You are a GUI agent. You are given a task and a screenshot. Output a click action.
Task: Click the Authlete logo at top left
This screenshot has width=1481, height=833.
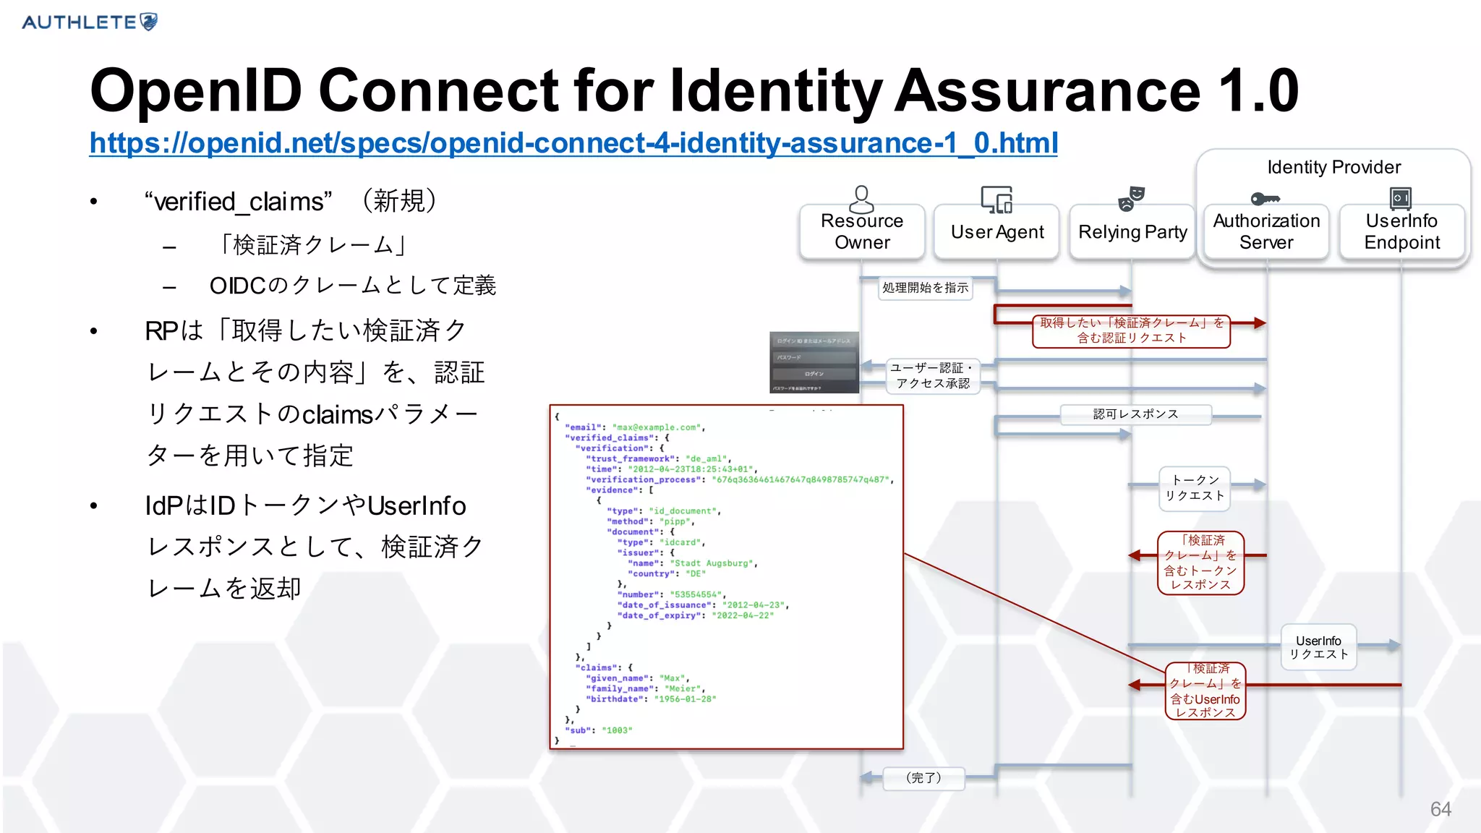tap(90, 22)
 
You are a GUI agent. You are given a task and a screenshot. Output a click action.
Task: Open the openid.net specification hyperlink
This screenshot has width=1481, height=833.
tap(573, 143)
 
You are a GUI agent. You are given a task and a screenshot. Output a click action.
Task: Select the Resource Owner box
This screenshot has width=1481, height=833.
tap(862, 231)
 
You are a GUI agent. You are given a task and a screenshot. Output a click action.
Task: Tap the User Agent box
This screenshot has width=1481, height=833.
tap(997, 232)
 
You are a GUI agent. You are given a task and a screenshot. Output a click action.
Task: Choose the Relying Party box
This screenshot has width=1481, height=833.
tap(1132, 232)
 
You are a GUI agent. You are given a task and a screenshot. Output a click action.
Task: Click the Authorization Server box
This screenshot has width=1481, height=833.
tap(1266, 231)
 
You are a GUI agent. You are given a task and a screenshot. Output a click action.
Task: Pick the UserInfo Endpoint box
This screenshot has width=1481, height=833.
tap(1401, 231)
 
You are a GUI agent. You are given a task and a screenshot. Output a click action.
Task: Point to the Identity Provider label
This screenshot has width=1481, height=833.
tap(1333, 167)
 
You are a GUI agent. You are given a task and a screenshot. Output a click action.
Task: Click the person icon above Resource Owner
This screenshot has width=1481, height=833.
tap(861, 198)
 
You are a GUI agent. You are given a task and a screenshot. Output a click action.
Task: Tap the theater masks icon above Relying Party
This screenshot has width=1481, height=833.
tap(1131, 198)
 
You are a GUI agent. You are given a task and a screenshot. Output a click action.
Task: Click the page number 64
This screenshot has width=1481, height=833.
tap(1441, 809)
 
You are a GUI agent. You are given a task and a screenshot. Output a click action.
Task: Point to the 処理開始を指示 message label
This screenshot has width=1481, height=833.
tap(925, 288)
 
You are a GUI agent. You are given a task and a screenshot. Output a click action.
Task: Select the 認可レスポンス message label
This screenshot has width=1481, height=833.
tap(1135, 414)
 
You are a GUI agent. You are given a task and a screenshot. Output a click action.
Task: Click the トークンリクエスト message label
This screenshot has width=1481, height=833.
tap(1195, 488)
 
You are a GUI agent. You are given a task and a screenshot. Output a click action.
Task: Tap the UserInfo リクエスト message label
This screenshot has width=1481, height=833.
tap(1318, 647)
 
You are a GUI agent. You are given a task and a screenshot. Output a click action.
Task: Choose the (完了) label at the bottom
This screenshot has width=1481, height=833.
tap(923, 778)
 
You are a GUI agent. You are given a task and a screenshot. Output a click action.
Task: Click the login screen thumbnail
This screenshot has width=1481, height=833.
tap(814, 362)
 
